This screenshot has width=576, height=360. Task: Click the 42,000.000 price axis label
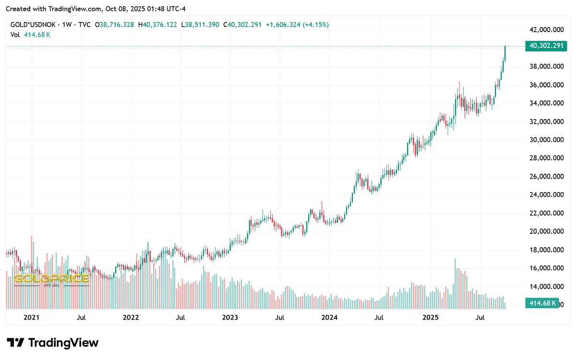click(546, 30)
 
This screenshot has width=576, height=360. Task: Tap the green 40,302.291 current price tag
click(546, 46)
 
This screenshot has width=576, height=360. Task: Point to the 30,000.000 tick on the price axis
click(546, 140)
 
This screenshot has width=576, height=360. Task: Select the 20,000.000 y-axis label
click(546, 231)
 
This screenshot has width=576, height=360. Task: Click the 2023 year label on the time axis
click(230, 317)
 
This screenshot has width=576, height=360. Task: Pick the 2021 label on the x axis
click(31, 317)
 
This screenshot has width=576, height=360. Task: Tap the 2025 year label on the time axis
click(431, 317)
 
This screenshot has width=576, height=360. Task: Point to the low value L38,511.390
click(201, 24)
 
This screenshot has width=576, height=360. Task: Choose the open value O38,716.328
click(114, 24)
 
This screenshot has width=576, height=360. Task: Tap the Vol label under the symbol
click(15, 35)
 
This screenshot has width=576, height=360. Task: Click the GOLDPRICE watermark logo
click(51, 279)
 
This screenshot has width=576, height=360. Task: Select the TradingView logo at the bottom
click(52, 343)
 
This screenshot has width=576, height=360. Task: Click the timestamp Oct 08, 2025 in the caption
click(126, 8)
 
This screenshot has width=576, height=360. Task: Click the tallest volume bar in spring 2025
click(455, 283)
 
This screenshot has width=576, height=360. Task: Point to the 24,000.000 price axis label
click(546, 195)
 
